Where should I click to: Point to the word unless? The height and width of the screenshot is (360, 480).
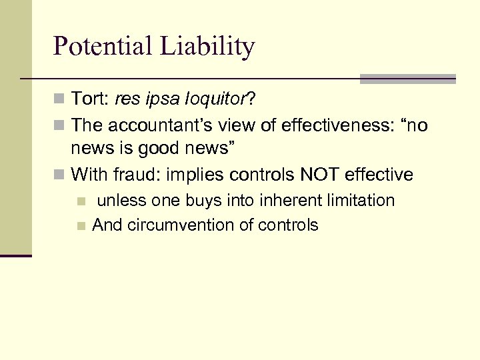tap(122, 201)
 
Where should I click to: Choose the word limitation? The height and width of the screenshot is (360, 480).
tap(357, 201)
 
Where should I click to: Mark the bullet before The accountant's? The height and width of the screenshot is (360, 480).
tap(59, 126)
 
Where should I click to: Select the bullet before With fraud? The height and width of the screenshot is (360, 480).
tap(59, 176)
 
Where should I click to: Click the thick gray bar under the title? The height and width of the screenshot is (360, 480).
tap(407, 79)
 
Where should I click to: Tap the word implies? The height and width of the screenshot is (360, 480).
tap(197, 176)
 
